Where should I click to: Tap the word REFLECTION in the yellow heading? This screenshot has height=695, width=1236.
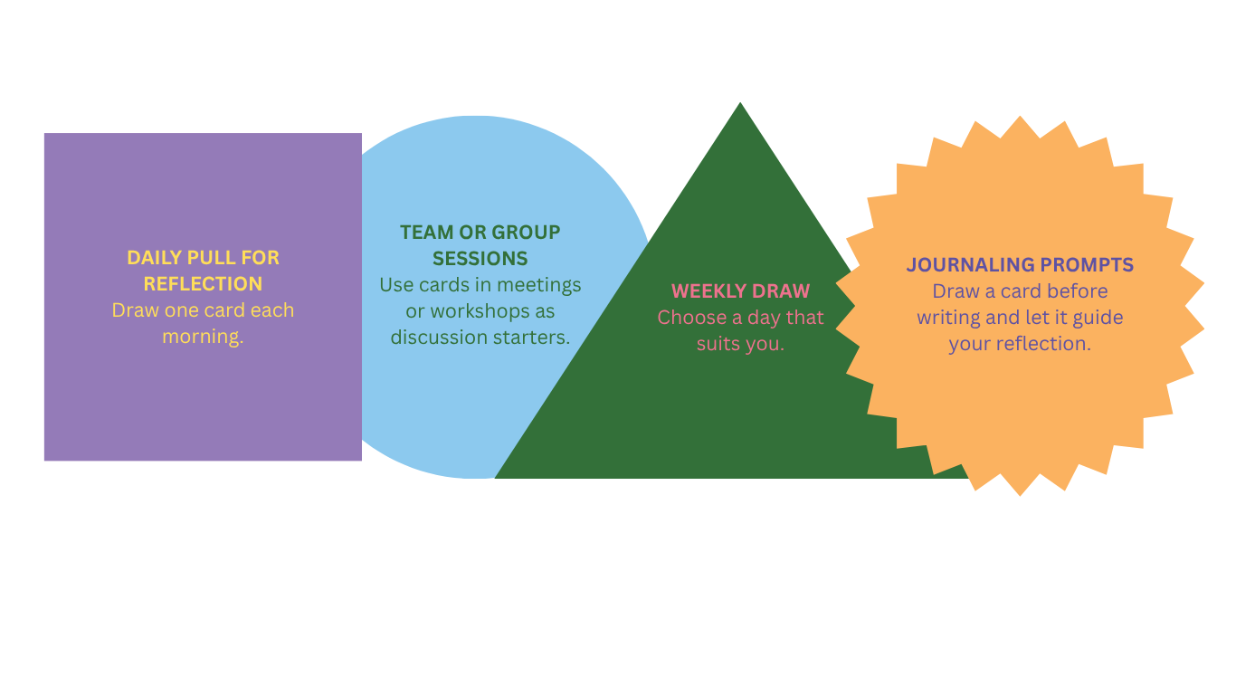click(x=203, y=284)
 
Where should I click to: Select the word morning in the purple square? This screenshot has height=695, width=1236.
click(x=203, y=338)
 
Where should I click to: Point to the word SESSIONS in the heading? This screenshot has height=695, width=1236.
click(x=480, y=259)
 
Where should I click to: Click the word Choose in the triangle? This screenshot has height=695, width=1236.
click(x=685, y=318)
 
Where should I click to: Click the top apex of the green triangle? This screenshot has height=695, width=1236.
click(x=741, y=103)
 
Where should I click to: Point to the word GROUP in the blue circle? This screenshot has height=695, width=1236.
click(x=526, y=233)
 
